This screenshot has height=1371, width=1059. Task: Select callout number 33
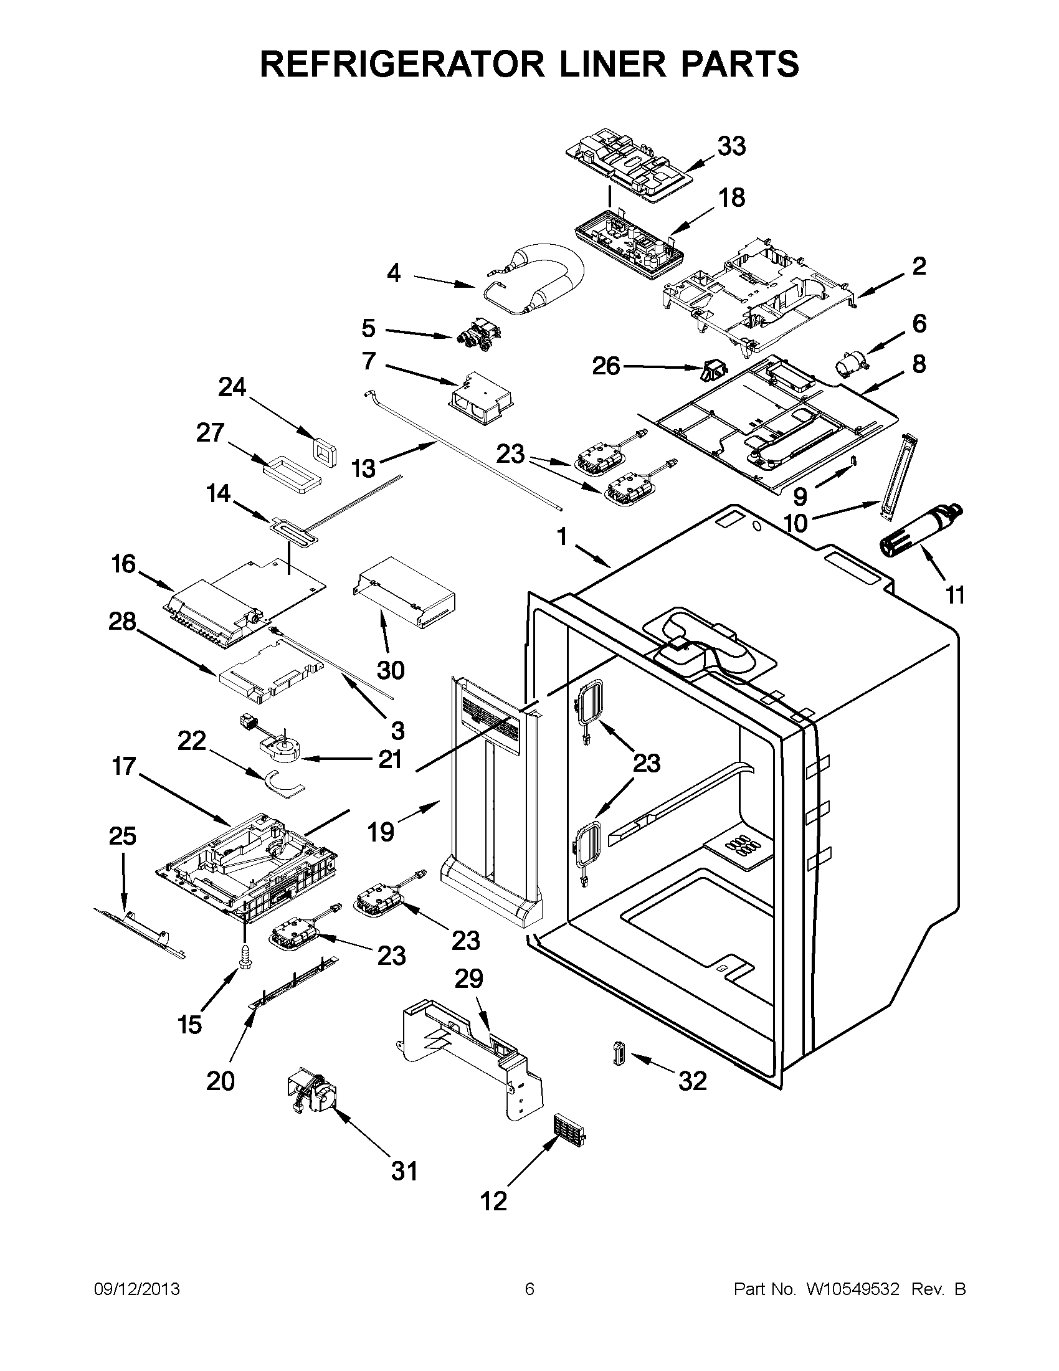coord(731,146)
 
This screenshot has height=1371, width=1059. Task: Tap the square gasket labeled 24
coord(325,451)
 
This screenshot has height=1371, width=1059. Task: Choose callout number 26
coord(606,366)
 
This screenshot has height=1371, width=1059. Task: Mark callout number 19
coord(381,832)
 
